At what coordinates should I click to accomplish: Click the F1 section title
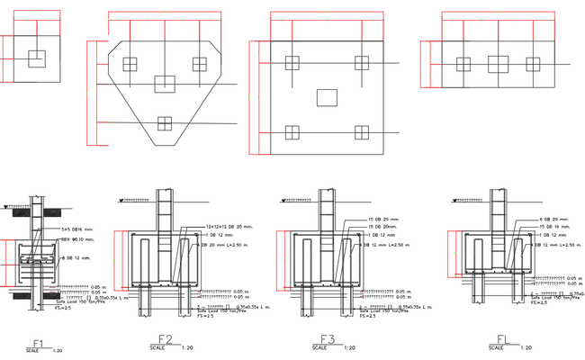[x=38, y=343]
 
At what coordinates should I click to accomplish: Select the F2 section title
[x=152, y=340]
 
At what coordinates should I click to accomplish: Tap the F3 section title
[x=328, y=339]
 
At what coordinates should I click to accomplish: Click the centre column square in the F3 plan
[x=327, y=96]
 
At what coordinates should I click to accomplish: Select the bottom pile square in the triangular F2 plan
[x=164, y=123]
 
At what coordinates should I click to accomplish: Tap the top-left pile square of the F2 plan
[x=129, y=64]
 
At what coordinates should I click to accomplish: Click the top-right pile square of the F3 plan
[x=362, y=63]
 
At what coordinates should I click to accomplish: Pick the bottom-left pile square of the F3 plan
[x=291, y=133]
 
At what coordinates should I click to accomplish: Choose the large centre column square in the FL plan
[x=499, y=64]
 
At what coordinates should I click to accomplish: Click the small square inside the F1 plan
[x=35, y=58]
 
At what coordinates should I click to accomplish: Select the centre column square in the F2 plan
[x=164, y=84]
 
